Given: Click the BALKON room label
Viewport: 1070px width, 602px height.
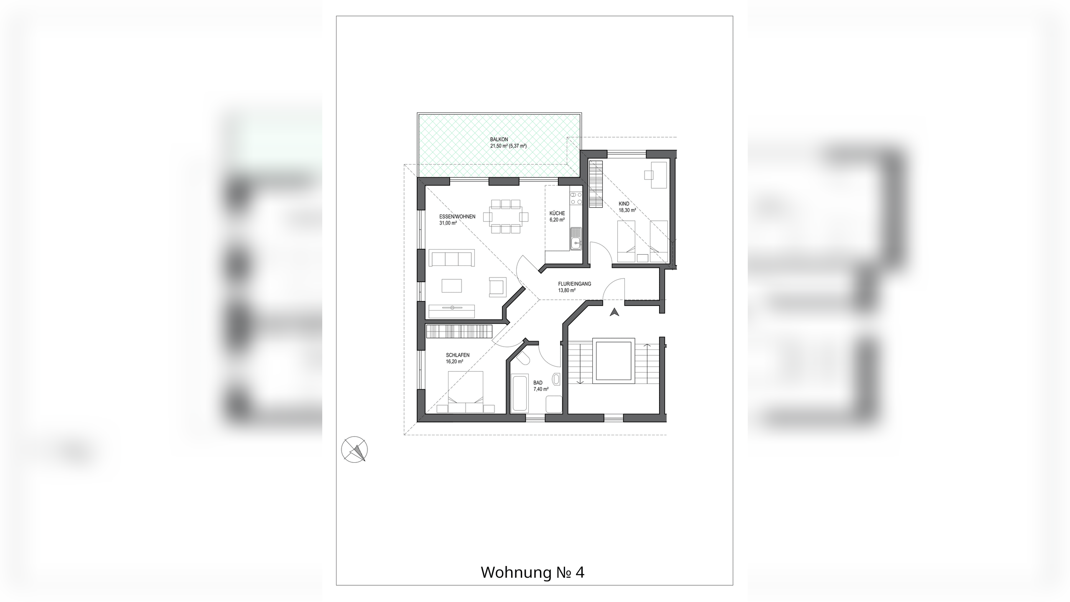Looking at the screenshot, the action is [499, 140].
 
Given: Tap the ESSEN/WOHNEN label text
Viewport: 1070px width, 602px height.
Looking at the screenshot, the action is [457, 217].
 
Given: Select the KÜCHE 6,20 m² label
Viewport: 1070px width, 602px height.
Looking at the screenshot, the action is [557, 216].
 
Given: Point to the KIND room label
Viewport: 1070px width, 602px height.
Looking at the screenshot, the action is [624, 204].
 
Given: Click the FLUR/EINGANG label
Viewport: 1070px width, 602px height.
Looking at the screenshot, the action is [575, 284].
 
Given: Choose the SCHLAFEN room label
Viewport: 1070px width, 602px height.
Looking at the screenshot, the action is [458, 355].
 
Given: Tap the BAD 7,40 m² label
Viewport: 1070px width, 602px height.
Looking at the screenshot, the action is [541, 386].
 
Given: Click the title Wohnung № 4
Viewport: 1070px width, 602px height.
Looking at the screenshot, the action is [532, 572].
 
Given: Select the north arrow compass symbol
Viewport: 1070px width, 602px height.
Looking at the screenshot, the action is [354, 450].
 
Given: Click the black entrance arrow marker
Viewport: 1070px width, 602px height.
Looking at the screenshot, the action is [614, 312].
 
